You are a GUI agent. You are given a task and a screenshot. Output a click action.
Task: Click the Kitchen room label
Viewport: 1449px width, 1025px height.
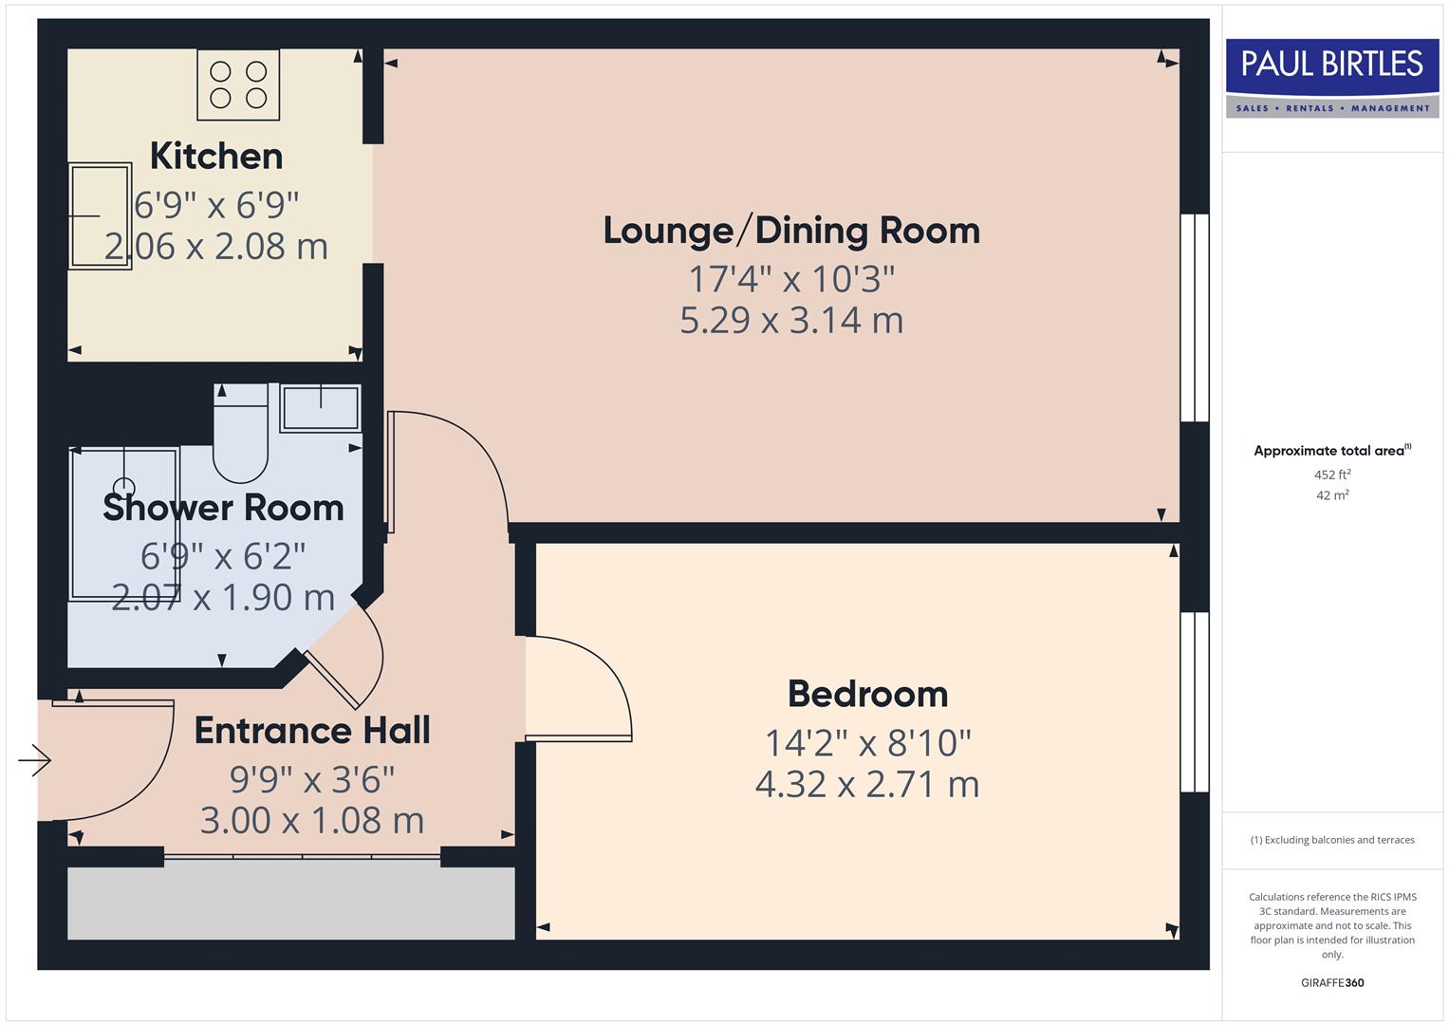tap(216, 156)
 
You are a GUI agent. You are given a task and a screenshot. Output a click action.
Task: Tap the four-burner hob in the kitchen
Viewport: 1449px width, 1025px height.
tap(238, 84)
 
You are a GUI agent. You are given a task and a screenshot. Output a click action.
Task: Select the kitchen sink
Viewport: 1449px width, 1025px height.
tap(100, 215)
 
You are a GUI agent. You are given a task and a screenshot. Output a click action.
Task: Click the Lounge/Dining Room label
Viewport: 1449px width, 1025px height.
tap(791, 231)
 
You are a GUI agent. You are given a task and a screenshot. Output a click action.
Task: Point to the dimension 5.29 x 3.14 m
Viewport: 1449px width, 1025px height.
tap(791, 321)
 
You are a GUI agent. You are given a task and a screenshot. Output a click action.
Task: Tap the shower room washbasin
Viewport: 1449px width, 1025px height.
tap(321, 409)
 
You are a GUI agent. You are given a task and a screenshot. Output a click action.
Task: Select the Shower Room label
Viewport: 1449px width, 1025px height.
tap(223, 508)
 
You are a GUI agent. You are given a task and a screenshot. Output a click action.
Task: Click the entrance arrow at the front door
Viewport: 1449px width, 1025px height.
tap(34, 760)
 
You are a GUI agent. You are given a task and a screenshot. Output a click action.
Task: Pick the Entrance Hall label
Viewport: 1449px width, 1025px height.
tap(312, 731)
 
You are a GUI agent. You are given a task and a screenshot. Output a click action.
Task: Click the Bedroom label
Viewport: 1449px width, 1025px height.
tap(867, 694)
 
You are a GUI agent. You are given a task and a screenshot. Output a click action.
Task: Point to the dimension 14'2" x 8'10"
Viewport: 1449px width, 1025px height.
tap(867, 743)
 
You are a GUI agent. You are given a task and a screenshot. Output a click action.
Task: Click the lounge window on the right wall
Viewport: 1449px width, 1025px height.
tap(1194, 317)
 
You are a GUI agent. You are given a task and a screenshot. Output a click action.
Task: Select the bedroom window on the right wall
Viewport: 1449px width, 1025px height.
tap(1194, 701)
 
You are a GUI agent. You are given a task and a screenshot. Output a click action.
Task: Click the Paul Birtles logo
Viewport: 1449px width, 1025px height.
tap(1332, 77)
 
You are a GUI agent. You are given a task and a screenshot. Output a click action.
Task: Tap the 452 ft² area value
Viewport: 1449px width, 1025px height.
tap(1332, 475)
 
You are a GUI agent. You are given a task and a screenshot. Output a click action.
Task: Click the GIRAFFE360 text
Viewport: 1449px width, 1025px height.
tap(1332, 982)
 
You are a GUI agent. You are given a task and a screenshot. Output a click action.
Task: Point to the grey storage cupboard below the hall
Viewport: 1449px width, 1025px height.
tap(290, 903)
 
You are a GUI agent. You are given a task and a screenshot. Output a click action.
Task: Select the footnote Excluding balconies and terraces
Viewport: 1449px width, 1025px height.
tap(1332, 840)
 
